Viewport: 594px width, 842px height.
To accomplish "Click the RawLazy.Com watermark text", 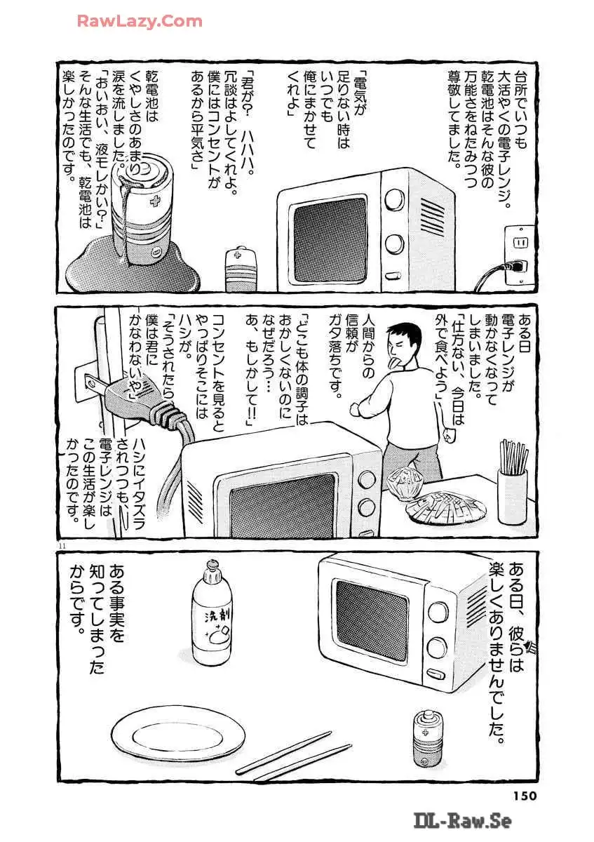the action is [140, 22].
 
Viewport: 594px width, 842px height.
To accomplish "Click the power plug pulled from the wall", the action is [135, 401].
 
